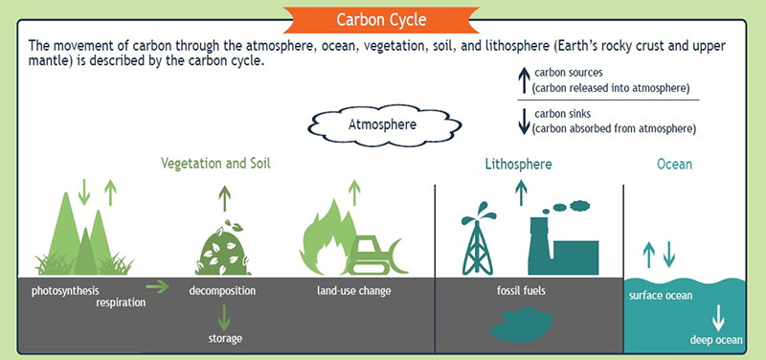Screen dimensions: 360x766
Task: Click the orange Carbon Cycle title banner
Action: pos(382,19)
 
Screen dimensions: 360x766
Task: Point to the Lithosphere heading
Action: pos(519,164)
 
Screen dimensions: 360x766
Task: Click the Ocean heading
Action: pos(674,164)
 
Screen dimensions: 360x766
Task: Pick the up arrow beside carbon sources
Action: pos(523,79)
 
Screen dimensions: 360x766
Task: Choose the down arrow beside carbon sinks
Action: pos(523,120)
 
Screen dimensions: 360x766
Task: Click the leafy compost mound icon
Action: pos(223,251)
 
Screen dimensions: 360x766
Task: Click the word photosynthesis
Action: pos(65,290)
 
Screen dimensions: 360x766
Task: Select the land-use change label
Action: pos(354,290)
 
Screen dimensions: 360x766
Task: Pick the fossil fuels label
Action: pos(521,290)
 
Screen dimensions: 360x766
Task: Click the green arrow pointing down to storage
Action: pos(223,316)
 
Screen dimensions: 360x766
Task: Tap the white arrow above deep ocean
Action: pos(715,318)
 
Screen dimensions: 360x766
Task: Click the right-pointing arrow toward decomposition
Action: pos(156,286)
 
